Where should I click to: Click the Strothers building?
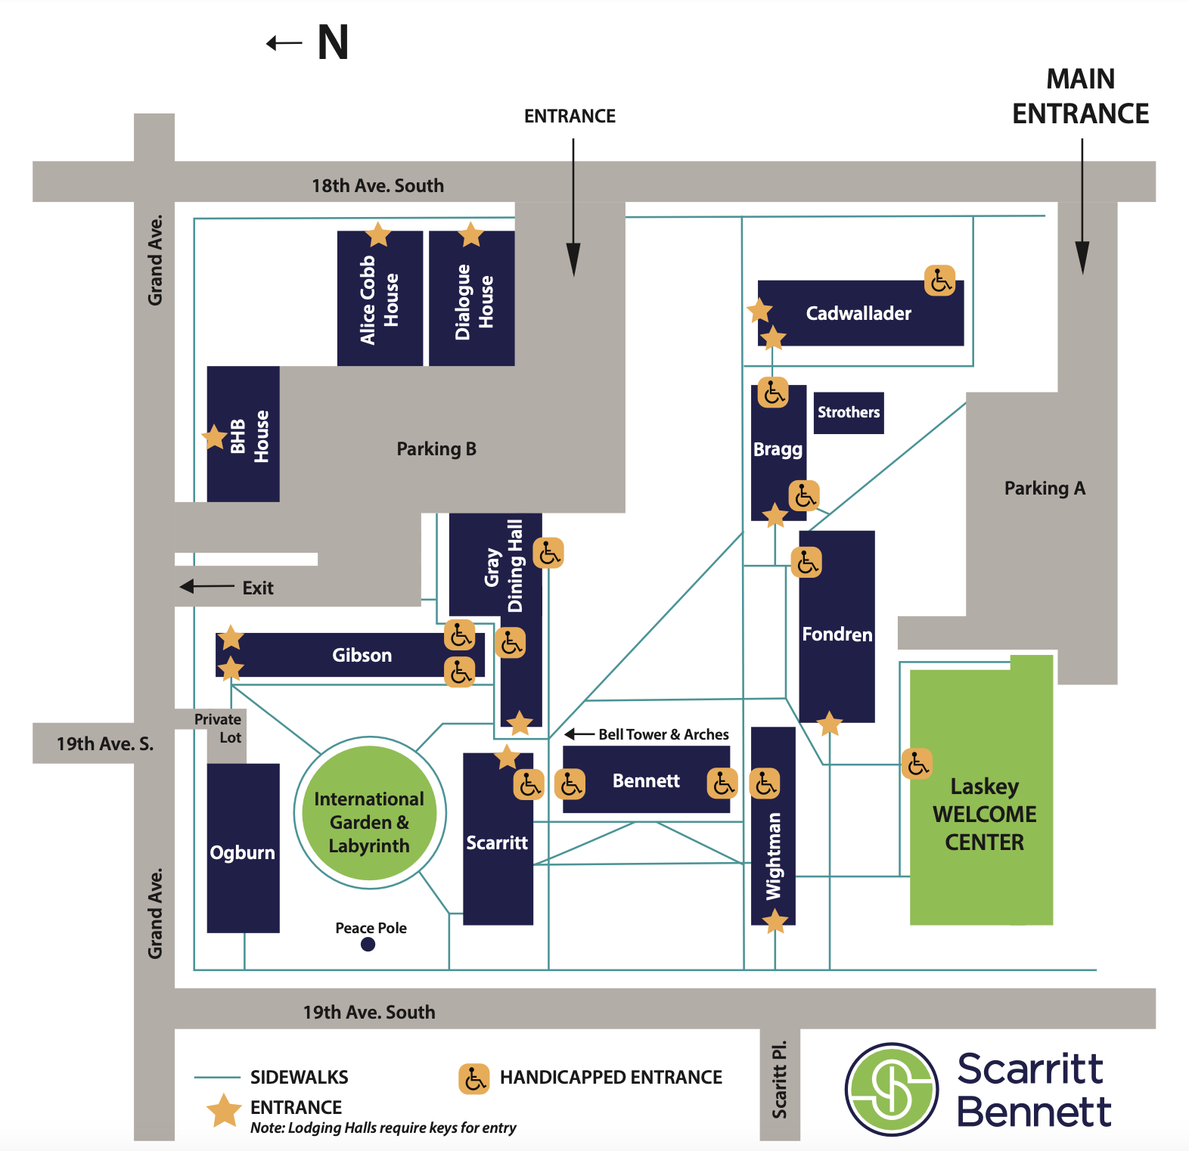click(848, 412)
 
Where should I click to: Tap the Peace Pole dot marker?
click(368, 944)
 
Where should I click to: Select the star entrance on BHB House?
click(214, 437)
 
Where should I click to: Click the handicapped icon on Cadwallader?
click(939, 281)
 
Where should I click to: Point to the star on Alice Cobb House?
click(377, 234)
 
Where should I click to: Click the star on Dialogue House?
click(470, 234)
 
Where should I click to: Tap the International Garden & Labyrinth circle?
click(369, 813)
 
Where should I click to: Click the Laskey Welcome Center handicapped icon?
click(917, 764)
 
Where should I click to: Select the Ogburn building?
click(243, 848)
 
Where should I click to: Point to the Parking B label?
click(436, 449)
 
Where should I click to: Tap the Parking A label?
click(1045, 489)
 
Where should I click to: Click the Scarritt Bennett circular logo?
click(892, 1089)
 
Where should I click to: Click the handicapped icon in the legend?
click(473, 1078)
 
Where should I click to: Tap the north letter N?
click(333, 42)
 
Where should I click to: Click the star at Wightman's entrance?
click(775, 921)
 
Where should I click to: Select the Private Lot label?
click(218, 728)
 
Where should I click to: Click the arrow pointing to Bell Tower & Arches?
click(579, 734)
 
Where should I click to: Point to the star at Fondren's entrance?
click(830, 723)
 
